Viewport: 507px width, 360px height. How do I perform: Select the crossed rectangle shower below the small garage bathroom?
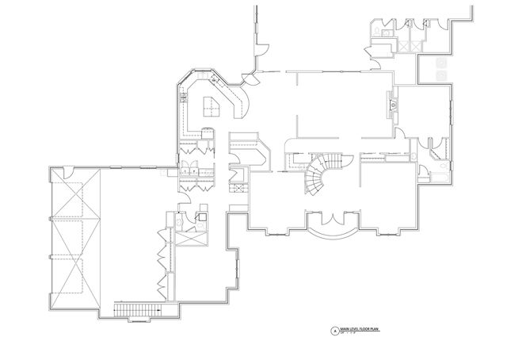(190, 238)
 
